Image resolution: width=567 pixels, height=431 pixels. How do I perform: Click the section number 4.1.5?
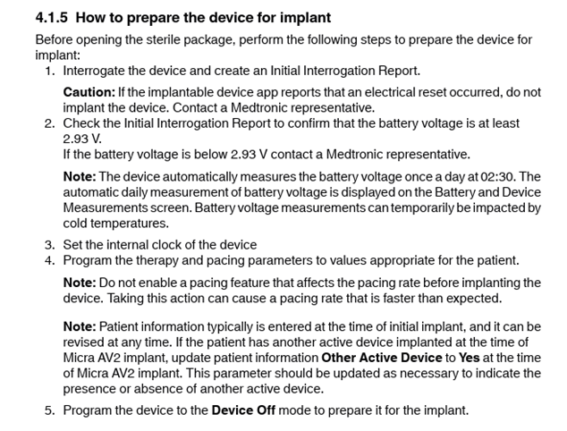(x=51, y=18)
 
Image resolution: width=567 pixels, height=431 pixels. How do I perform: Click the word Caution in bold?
(x=89, y=92)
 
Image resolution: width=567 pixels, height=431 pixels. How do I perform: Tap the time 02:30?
(x=497, y=177)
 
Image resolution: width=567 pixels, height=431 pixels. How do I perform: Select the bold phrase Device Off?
(x=243, y=410)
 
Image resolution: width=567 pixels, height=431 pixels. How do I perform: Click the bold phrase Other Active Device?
(x=382, y=358)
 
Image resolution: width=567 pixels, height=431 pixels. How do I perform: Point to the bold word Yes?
(x=469, y=358)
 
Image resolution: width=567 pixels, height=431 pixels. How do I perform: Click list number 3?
(x=50, y=245)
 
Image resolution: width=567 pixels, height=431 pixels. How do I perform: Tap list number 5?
(x=50, y=410)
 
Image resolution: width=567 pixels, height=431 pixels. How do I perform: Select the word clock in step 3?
(x=166, y=245)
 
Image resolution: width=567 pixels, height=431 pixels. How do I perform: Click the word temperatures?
(x=130, y=224)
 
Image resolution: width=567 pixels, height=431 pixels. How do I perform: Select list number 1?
(x=50, y=71)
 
